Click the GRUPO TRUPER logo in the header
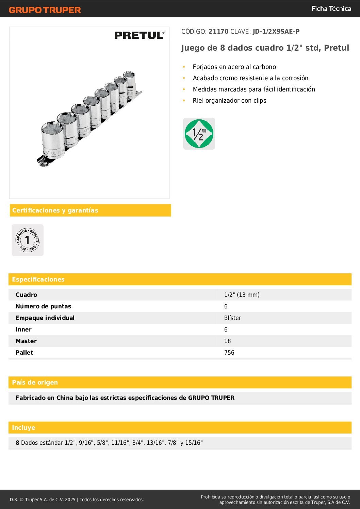coord(45,10)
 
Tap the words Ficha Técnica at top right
coord(331,9)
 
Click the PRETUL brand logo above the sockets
coord(139,35)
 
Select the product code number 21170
coord(218,32)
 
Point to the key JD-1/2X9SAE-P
coord(276,32)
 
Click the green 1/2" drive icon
coord(199,134)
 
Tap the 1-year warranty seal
coord(28,240)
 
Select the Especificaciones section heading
coord(38,279)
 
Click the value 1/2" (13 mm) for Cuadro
coord(242,295)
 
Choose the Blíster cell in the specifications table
coord(232,318)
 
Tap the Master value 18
coord(227,341)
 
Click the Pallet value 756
coord(229,353)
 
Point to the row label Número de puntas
coord(43,306)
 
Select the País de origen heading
coord(35,383)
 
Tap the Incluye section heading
coord(23,428)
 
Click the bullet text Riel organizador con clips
coord(229,101)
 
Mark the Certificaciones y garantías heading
coord(55,210)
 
